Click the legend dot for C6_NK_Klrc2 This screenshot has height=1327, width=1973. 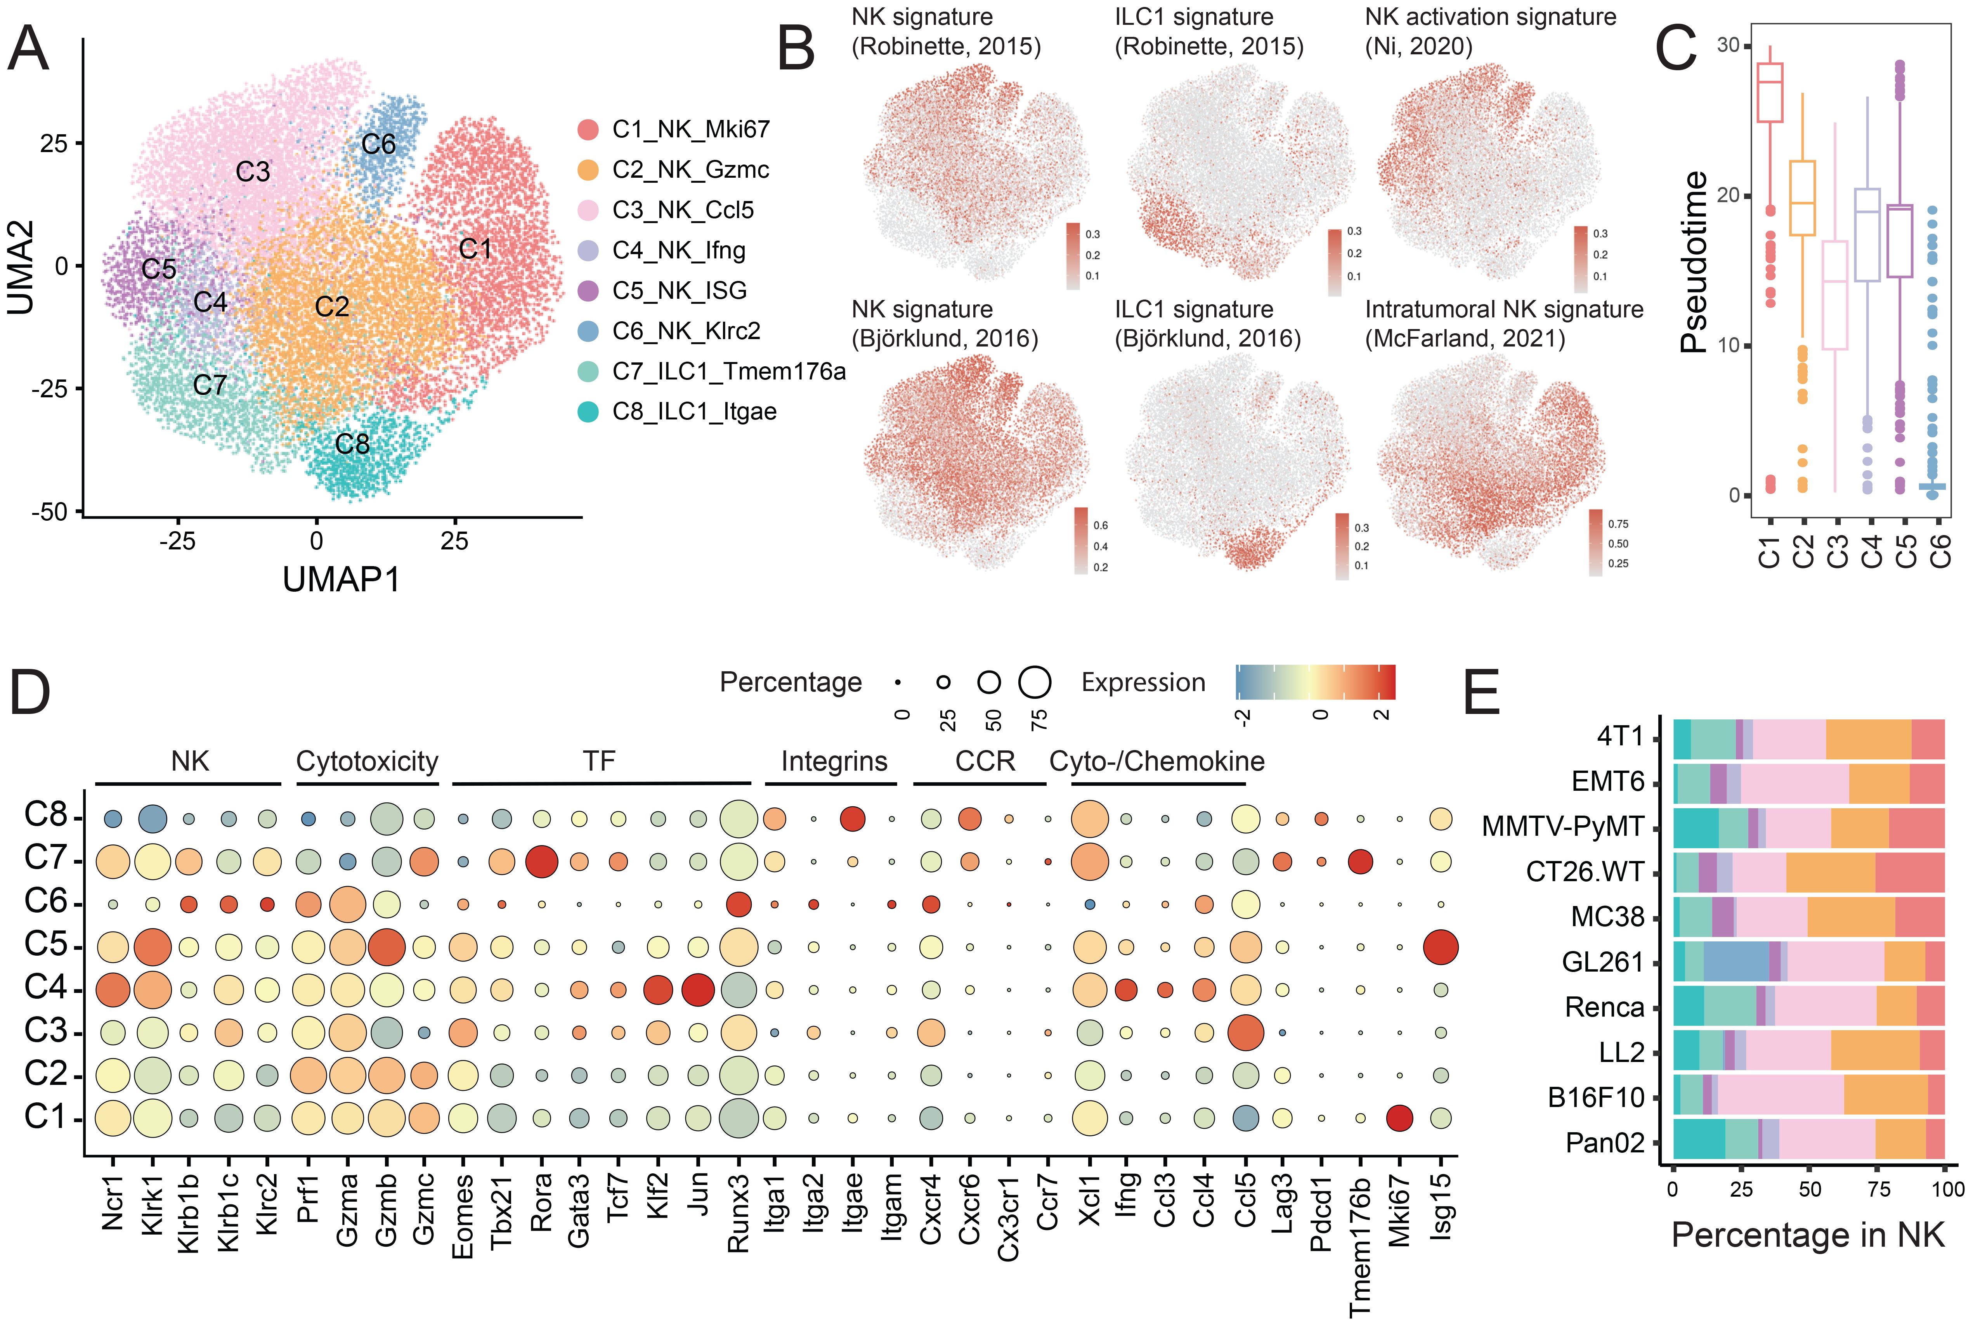[x=588, y=331]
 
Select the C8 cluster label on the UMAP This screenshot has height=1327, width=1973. [x=352, y=444]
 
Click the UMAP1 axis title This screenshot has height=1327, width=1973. [x=341, y=580]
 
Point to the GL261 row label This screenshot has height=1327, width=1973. [x=1602, y=962]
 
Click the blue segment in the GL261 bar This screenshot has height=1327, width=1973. [x=1735, y=962]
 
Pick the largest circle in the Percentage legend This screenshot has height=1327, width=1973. [x=1034, y=682]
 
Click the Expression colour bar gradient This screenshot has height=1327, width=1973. [x=1314, y=682]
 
